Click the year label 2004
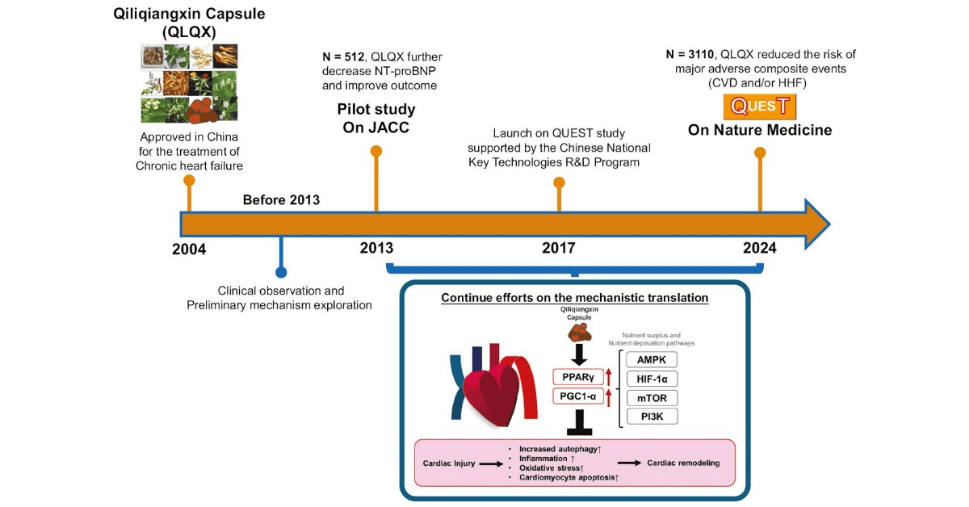click(189, 249)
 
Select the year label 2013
click(377, 248)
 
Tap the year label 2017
click(559, 248)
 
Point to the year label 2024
click(760, 248)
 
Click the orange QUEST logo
click(760, 107)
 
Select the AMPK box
click(652, 360)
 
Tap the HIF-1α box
click(652, 379)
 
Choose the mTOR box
click(652, 398)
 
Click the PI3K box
click(652, 417)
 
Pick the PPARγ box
click(578, 377)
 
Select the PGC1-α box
click(578, 396)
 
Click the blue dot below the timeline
click(281, 272)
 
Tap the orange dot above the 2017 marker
click(559, 182)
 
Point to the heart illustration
click(493, 386)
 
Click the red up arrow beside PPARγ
click(609, 377)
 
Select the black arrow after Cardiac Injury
click(492, 464)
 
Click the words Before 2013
click(281, 200)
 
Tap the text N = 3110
click(690, 55)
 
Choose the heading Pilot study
click(376, 109)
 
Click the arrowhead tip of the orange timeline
click(830, 224)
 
